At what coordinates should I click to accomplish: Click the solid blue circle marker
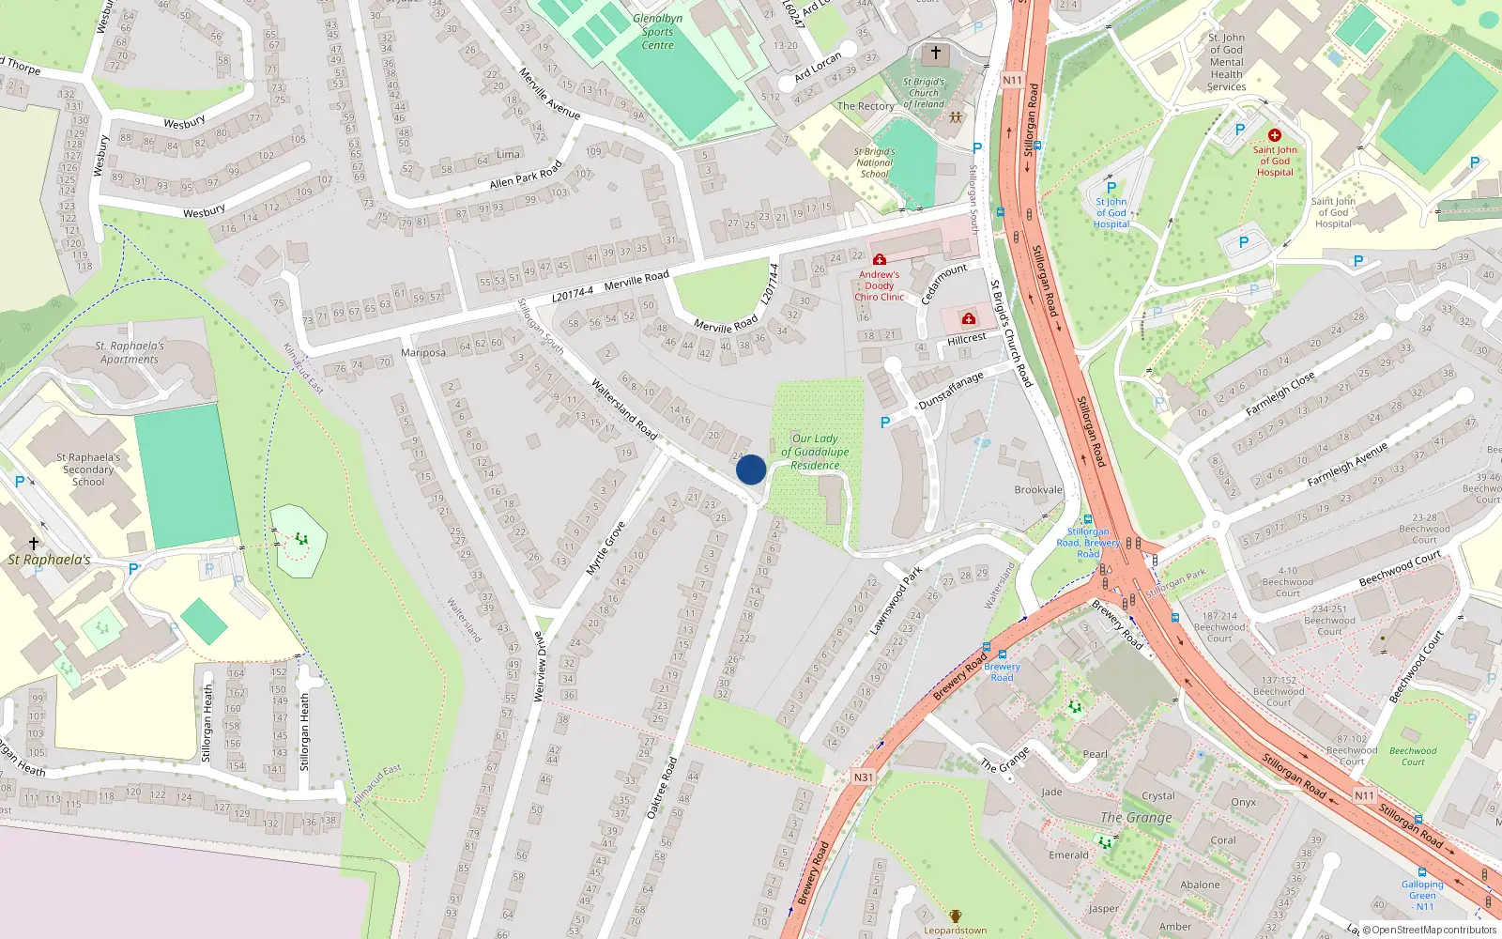[751, 469]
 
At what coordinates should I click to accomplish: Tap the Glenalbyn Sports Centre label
[657, 32]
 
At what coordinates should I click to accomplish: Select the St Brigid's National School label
[875, 162]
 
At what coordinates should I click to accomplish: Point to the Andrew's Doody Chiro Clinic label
[879, 285]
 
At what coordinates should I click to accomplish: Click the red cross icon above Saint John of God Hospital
[1274, 135]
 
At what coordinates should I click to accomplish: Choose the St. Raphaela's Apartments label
[130, 352]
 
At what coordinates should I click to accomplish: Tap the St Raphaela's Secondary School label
[88, 469]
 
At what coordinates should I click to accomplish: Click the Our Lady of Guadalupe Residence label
[815, 452]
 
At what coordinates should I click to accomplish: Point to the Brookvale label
[1038, 489]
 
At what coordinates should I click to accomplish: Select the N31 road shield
[864, 777]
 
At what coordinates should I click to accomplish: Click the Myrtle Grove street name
[605, 548]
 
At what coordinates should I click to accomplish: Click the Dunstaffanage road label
[951, 389]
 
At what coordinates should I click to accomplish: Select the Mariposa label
[423, 353]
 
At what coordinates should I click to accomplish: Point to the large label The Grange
[1136, 817]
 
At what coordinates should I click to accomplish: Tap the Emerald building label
[1068, 855]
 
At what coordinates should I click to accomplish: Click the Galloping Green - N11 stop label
[1422, 895]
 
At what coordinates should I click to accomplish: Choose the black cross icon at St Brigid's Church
[935, 53]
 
